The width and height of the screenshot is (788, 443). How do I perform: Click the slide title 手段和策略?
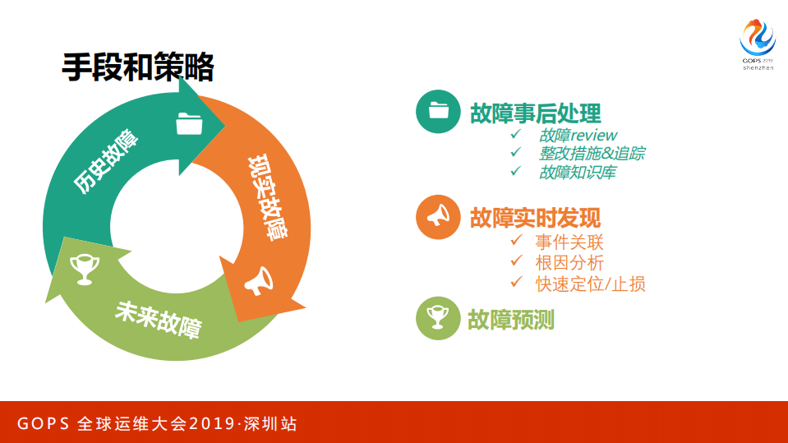point(137,67)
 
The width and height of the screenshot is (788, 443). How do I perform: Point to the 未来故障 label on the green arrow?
point(159,318)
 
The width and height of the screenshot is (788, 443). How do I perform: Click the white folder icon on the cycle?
point(189,123)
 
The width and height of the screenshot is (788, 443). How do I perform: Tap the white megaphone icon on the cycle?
point(258,280)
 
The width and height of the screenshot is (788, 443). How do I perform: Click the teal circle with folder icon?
point(438,111)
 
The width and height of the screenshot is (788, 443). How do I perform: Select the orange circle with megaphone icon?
point(438,216)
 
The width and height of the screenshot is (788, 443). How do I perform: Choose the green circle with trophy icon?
point(438,318)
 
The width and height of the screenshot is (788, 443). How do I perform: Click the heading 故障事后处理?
point(535,113)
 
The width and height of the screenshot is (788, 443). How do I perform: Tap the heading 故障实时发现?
point(535,217)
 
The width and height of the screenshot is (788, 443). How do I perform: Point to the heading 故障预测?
point(511,320)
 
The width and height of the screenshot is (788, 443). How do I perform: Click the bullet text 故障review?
point(578,135)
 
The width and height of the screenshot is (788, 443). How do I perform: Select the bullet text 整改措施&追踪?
point(592,154)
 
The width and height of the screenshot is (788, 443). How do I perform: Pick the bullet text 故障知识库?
point(578,173)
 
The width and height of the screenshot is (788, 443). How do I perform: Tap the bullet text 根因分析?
point(569,262)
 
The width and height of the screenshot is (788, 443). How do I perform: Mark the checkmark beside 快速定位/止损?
point(516,282)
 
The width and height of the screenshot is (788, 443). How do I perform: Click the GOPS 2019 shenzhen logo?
point(757,45)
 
